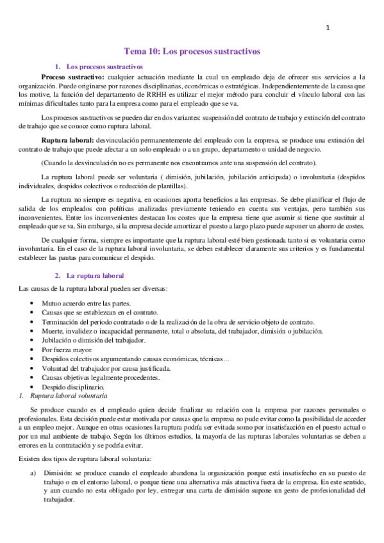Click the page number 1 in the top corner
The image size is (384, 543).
[x=328, y=28]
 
